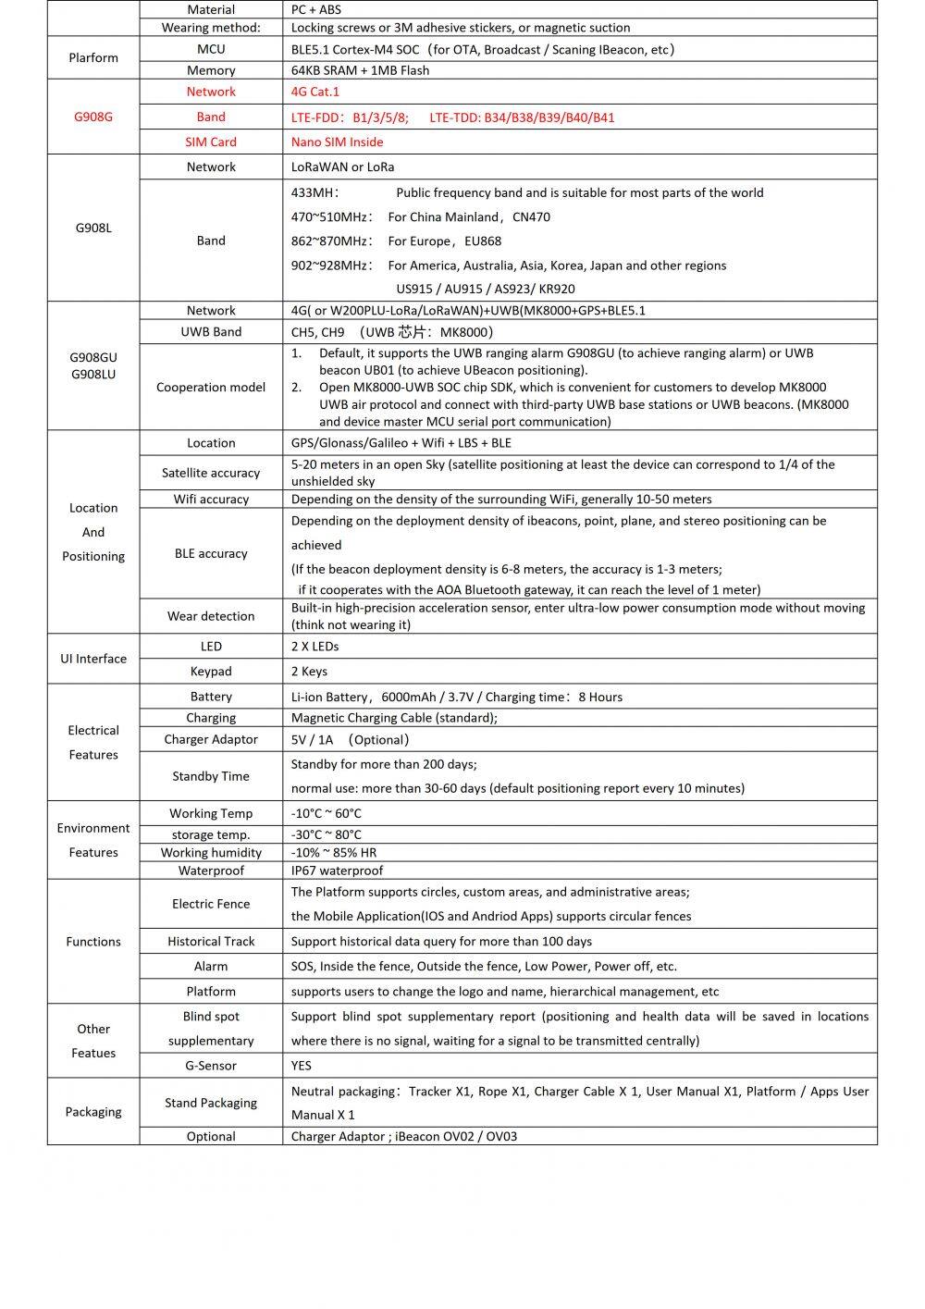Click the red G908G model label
coord(93,117)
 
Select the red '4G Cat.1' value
coord(315,92)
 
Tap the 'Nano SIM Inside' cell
coord(337,142)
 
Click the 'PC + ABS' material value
coord(316,9)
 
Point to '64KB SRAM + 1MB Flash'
coord(360,70)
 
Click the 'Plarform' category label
coord(93,57)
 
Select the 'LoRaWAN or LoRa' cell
coord(342,167)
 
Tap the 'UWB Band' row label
coord(211,331)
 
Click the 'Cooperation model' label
coord(211,387)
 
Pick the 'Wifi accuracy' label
coord(211,499)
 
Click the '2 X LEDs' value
coord(314,646)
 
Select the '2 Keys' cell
coord(309,671)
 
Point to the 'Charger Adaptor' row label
coord(211,739)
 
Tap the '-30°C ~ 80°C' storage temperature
coord(327,834)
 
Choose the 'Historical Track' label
coord(211,941)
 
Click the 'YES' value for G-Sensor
coord(302,1065)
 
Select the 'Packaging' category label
coord(93,1111)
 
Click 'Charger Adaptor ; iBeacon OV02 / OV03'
coord(404,1136)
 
